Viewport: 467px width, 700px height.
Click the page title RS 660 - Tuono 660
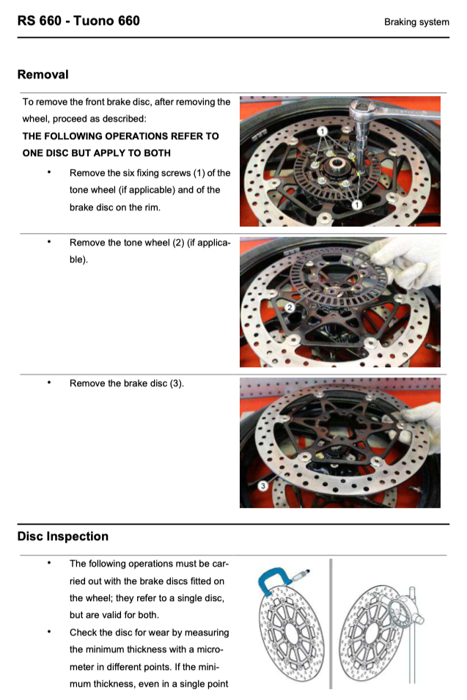[78, 21]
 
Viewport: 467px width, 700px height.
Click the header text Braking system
[416, 22]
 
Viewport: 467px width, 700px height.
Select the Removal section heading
[43, 74]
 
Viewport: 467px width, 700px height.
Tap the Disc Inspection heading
[62, 536]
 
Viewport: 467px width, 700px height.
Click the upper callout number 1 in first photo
[322, 130]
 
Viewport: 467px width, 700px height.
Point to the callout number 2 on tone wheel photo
[290, 307]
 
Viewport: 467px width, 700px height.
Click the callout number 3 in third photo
[262, 485]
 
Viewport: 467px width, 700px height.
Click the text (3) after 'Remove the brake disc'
[176, 383]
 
